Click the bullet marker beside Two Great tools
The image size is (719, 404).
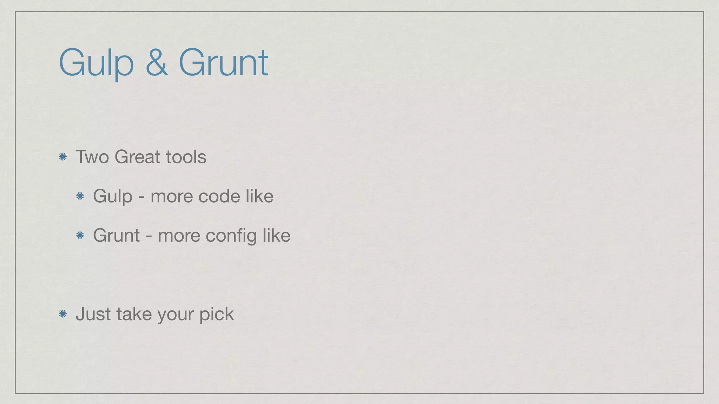[63, 157]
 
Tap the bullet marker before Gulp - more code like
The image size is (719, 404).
[80, 196]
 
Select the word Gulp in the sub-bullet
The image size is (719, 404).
[113, 196]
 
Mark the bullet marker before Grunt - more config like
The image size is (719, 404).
[80, 235]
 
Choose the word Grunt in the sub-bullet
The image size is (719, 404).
[116, 235]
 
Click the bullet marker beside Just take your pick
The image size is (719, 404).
[63, 314]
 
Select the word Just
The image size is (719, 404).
[93, 314]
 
